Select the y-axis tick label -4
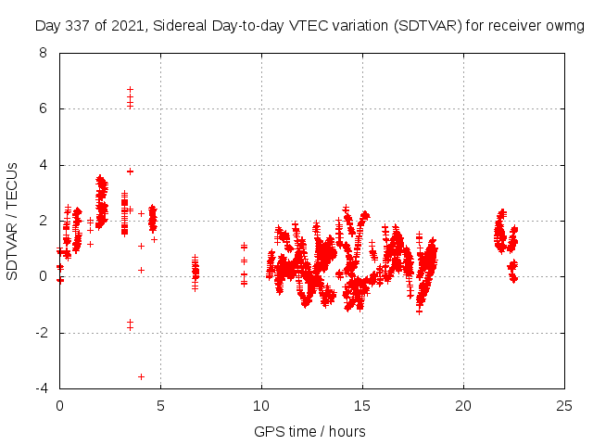coord(41,388)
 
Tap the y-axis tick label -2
coord(41,333)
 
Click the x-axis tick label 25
coord(564,405)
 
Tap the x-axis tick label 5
coord(160,405)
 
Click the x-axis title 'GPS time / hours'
coord(310,431)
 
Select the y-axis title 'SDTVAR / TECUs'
coord(13,221)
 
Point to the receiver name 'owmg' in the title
coord(566,25)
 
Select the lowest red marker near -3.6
coord(141,376)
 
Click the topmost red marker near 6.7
coord(131,90)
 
